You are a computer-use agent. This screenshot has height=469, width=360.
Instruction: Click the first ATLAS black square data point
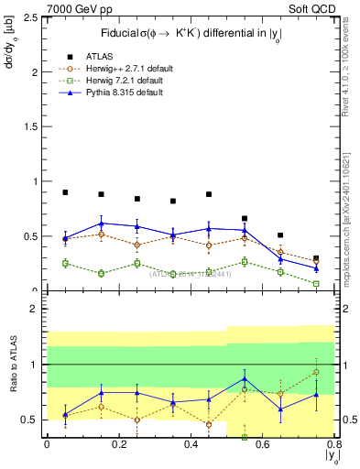point(65,192)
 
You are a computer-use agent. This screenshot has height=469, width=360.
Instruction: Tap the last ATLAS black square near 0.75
point(316,258)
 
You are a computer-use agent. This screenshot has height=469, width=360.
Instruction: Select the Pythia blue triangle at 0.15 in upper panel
point(101,224)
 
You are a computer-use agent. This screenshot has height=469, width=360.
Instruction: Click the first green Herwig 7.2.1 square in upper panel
point(65,263)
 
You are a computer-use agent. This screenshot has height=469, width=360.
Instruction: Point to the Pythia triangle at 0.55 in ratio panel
point(245,378)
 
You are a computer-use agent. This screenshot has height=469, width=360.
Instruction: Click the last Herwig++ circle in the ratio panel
point(316,372)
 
